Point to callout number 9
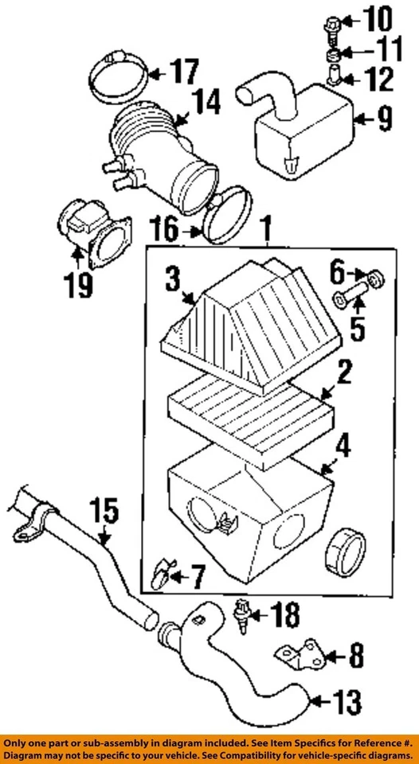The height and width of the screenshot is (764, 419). coord(386,120)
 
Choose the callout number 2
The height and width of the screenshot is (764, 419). coord(343,372)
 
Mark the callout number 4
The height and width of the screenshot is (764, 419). coord(343,447)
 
